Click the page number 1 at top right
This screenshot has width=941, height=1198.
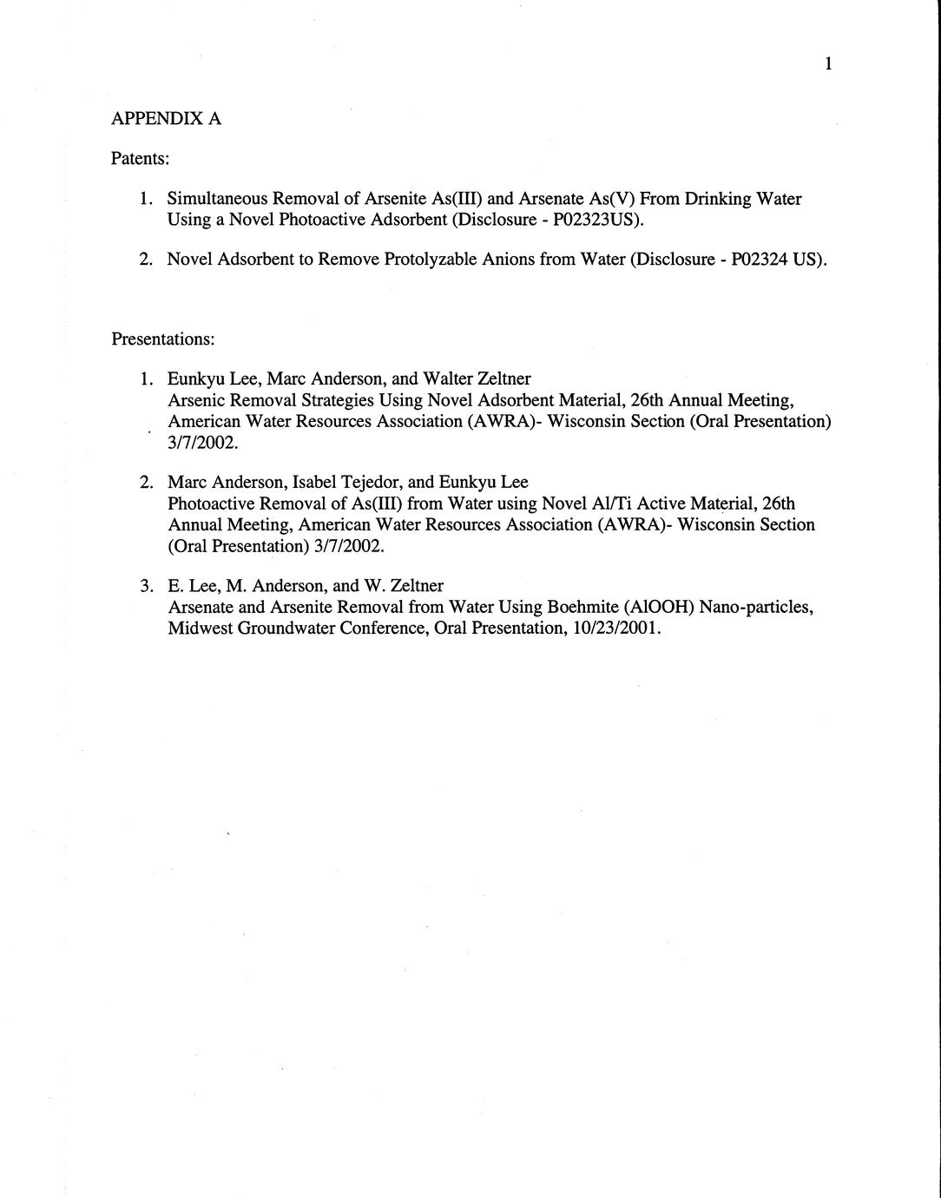[x=829, y=63]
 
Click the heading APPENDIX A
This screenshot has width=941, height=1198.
[x=166, y=119]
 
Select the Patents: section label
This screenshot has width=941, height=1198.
[x=140, y=159]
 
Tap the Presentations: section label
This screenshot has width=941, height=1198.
[x=162, y=338]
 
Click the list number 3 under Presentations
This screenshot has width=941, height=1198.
[x=146, y=586]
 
